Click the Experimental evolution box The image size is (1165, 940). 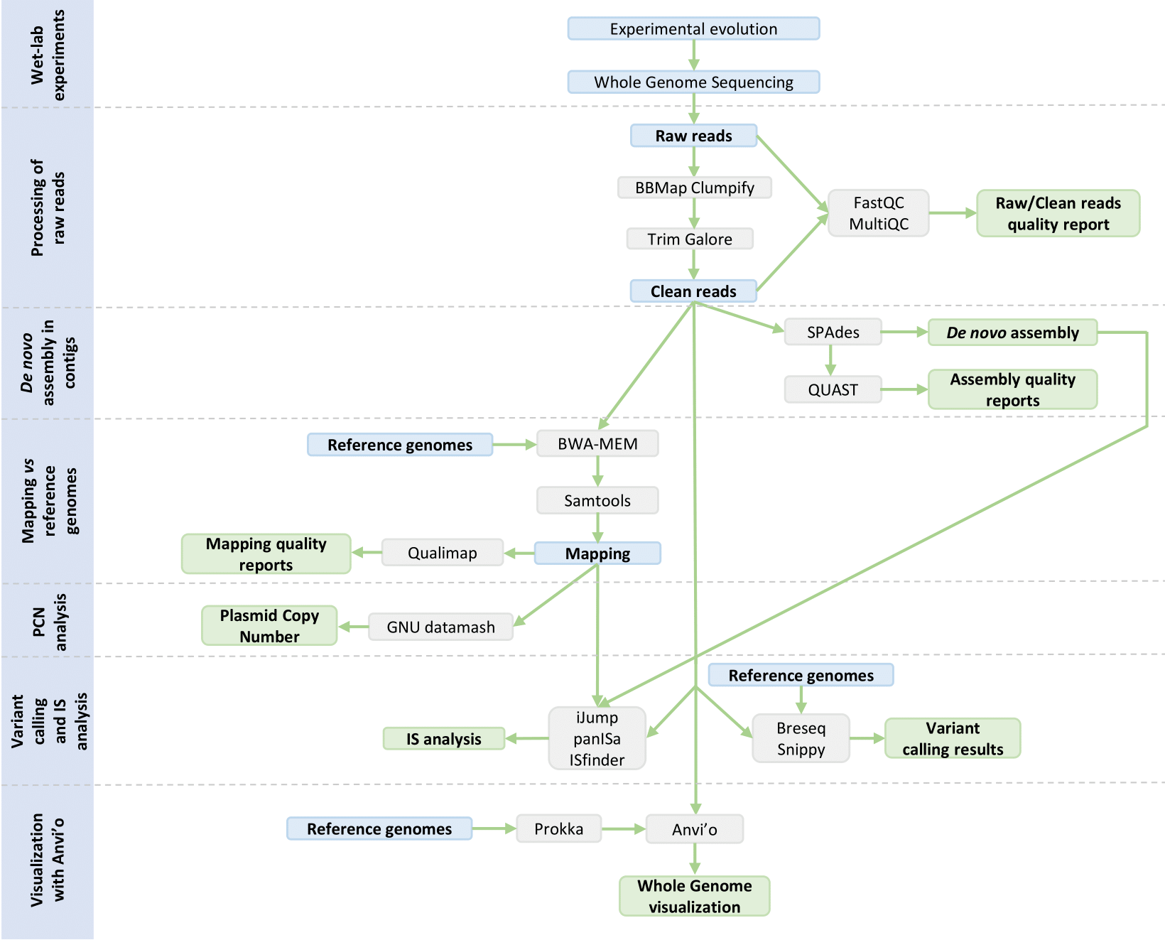(x=693, y=29)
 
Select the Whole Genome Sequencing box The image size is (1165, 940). (x=693, y=82)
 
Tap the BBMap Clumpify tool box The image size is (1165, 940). (x=694, y=188)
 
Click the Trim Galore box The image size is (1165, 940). (x=689, y=239)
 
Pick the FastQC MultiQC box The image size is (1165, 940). (x=878, y=213)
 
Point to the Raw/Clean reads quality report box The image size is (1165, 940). (x=1057, y=213)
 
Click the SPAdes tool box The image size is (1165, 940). (x=833, y=333)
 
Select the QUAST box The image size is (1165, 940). (x=833, y=390)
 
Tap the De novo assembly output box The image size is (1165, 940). (x=1012, y=333)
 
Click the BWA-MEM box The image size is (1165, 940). (x=597, y=444)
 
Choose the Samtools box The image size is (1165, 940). (x=597, y=501)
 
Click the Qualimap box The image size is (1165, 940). (x=442, y=553)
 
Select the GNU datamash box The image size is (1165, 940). (x=440, y=627)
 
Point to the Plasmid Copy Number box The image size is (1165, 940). (x=269, y=626)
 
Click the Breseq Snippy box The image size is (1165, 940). (x=801, y=739)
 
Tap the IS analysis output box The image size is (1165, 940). (x=443, y=739)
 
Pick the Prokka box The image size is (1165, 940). (x=558, y=829)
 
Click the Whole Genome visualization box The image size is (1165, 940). (x=694, y=896)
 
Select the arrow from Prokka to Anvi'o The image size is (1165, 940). (x=623, y=829)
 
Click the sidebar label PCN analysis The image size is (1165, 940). (x=48, y=621)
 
